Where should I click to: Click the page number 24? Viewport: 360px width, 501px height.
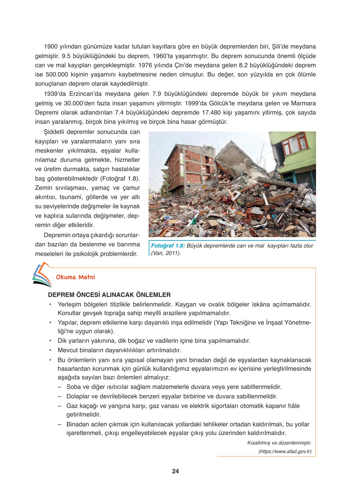click(175, 471)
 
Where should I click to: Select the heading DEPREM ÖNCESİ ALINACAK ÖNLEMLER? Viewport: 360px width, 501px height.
click(109, 295)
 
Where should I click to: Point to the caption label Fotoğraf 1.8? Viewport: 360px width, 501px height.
click(168, 246)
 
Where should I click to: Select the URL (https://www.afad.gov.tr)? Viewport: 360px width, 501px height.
click(285, 452)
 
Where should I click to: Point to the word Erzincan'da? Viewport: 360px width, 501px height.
click(84, 94)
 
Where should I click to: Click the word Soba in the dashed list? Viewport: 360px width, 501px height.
click(73, 387)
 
